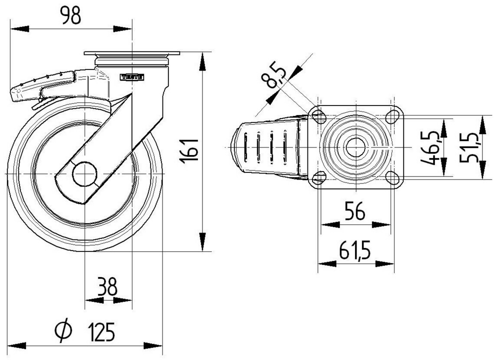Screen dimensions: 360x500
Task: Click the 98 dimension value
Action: [x=70, y=16]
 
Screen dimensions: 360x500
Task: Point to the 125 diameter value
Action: [x=101, y=331]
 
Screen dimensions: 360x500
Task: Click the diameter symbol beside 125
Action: [x=63, y=331]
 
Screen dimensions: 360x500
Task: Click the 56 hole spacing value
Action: [x=354, y=212]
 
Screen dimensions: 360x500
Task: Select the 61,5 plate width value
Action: [x=354, y=250]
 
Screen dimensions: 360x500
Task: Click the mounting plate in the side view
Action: [x=132, y=53]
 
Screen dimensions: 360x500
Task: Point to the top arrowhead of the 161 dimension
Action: [x=202, y=57]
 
